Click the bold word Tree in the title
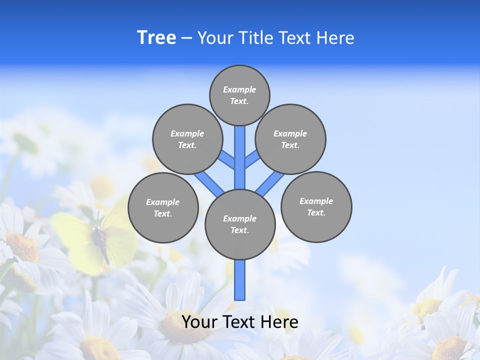tap(156, 37)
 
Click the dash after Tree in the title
tap(186, 38)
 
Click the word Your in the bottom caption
tap(199, 322)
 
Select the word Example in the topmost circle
tap(239, 90)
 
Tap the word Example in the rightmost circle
tap(316, 201)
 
